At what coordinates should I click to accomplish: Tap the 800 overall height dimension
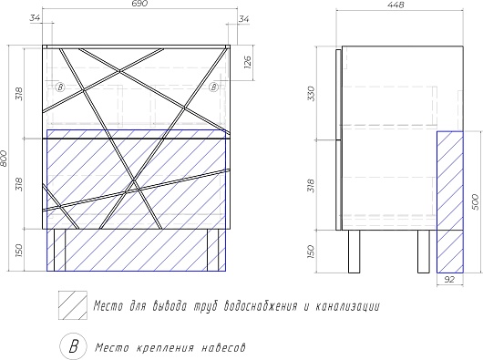(x=4, y=159)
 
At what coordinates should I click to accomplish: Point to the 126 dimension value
(x=248, y=63)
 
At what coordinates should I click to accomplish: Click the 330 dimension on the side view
(x=312, y=93)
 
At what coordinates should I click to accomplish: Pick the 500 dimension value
(x=476, y=202)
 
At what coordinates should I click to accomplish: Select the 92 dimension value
(x=449, y=279)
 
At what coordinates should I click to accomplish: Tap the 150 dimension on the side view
(x=311, y=252)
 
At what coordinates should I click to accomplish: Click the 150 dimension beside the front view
(x=19, y=251)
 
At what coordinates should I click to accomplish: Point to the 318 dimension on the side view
(x=312, y=186)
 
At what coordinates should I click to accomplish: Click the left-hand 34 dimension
(x=36, y=18)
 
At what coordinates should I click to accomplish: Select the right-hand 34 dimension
(x=244, y=19)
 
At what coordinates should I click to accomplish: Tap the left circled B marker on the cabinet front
(x=60, y=87)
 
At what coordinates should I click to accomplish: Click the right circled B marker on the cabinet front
(x=213, y=87)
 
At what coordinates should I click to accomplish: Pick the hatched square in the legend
(x=73, y=305)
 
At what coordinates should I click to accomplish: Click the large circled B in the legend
(x=73, y=345)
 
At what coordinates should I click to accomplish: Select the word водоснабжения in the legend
(x=262, y=306)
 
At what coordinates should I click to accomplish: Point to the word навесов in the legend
(x=223, y=348)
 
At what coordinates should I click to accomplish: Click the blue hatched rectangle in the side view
(x=450, y=202)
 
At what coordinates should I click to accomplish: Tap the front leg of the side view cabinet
(x=354, y=252)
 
